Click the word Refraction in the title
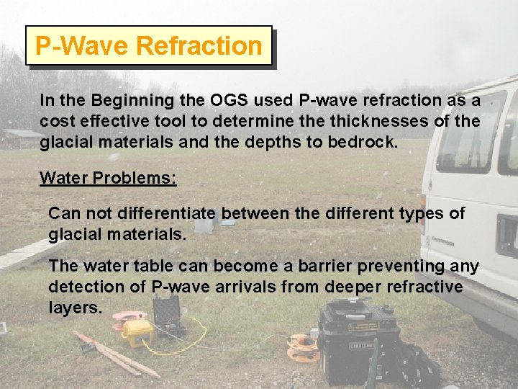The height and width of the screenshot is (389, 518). click(199, 46)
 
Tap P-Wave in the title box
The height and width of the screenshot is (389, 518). click(83, 46)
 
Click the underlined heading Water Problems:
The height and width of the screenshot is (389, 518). click(108, 178)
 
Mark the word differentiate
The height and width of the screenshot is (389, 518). click(173, 214)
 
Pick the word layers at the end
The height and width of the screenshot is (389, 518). click(76, 308)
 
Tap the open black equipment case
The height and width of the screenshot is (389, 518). click(168, 316)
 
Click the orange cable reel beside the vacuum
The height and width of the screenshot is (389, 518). click(302, 347)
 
